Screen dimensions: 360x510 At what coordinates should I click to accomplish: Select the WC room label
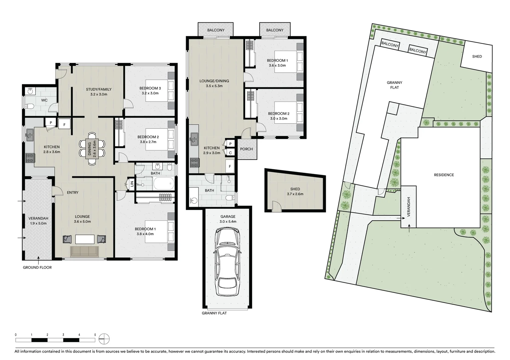(x=44, y=100)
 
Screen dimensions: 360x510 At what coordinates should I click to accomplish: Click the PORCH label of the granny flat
(x=246, y=149)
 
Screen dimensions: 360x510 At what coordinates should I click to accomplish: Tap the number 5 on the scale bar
(x=95, y=335)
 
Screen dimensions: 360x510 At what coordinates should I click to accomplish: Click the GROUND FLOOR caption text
(x=37, y=267)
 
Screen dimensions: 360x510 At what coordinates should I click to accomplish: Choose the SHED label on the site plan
(x=477, y=56)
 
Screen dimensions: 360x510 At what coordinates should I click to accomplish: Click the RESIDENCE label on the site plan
(x=444, y=175)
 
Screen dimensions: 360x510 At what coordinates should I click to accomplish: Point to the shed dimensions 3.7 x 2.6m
(x=295, y=194)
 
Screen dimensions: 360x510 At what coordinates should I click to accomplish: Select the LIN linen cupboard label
(x=132, y=184)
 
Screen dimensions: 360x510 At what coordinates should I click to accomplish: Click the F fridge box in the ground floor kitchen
(x=64, y=125)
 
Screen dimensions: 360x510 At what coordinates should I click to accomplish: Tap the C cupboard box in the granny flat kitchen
(x=230, y=153)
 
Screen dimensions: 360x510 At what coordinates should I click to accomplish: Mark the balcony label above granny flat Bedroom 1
(x=275, y=30)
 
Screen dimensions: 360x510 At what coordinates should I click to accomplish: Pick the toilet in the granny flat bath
(x=230, y=198)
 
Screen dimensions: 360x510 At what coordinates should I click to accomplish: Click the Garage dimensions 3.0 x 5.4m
(x=228, y=221)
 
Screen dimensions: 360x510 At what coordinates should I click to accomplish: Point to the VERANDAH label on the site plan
(x=409, y=207)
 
